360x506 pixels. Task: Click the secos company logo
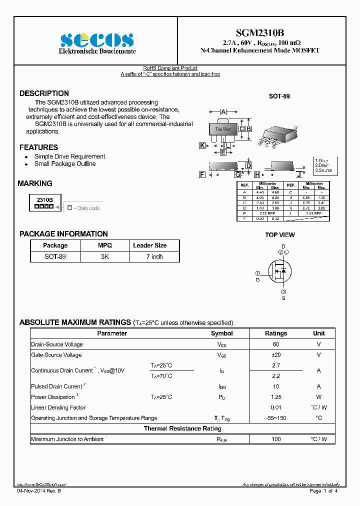coord(97,40)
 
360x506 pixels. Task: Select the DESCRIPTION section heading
coord(44,93)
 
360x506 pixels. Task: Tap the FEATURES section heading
coord(38,147)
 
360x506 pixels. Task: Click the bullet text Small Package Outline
coord(65,164)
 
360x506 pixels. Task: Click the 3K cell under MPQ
coord(104,256)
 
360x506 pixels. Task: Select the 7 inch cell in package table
coord(154,256)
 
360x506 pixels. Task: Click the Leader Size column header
coord(149,245)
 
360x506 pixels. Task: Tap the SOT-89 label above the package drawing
coord(279,96)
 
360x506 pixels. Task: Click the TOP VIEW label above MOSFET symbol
coord(280,235)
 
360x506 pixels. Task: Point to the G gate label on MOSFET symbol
coord(258,280)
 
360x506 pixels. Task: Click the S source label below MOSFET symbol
coord(283,298)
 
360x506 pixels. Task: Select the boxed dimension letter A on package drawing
coord(223,111)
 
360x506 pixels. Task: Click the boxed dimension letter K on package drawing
coord(202,145)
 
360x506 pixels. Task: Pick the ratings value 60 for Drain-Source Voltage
coord(276,344)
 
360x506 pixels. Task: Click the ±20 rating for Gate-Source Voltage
coord(276,355)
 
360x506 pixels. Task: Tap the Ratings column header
coord(276,333)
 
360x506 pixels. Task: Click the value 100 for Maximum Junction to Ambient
coord(276,439)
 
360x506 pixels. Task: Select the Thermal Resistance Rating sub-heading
coord(182,428)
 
